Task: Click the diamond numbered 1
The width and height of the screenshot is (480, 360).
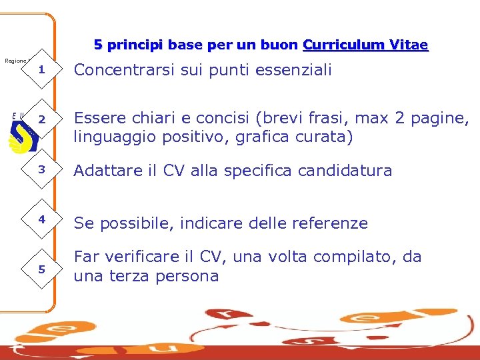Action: click(41, 70)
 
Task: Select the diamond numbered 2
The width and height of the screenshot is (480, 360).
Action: click(41, 120)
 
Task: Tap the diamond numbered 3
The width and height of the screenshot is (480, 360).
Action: click(41, 170)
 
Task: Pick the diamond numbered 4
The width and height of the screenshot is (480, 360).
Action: click(41, 219)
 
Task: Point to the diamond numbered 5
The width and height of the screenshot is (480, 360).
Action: click(41, 269)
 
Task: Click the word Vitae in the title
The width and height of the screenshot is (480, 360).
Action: click(405, 45)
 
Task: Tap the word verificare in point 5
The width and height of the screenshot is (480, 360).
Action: click(139, 257)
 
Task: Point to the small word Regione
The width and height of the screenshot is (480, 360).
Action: click(15, 61)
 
